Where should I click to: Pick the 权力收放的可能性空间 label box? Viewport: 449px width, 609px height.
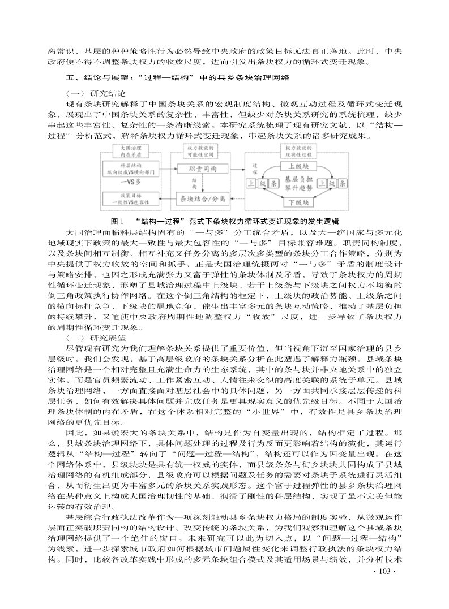201,150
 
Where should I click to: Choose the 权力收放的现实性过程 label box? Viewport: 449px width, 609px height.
298,150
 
